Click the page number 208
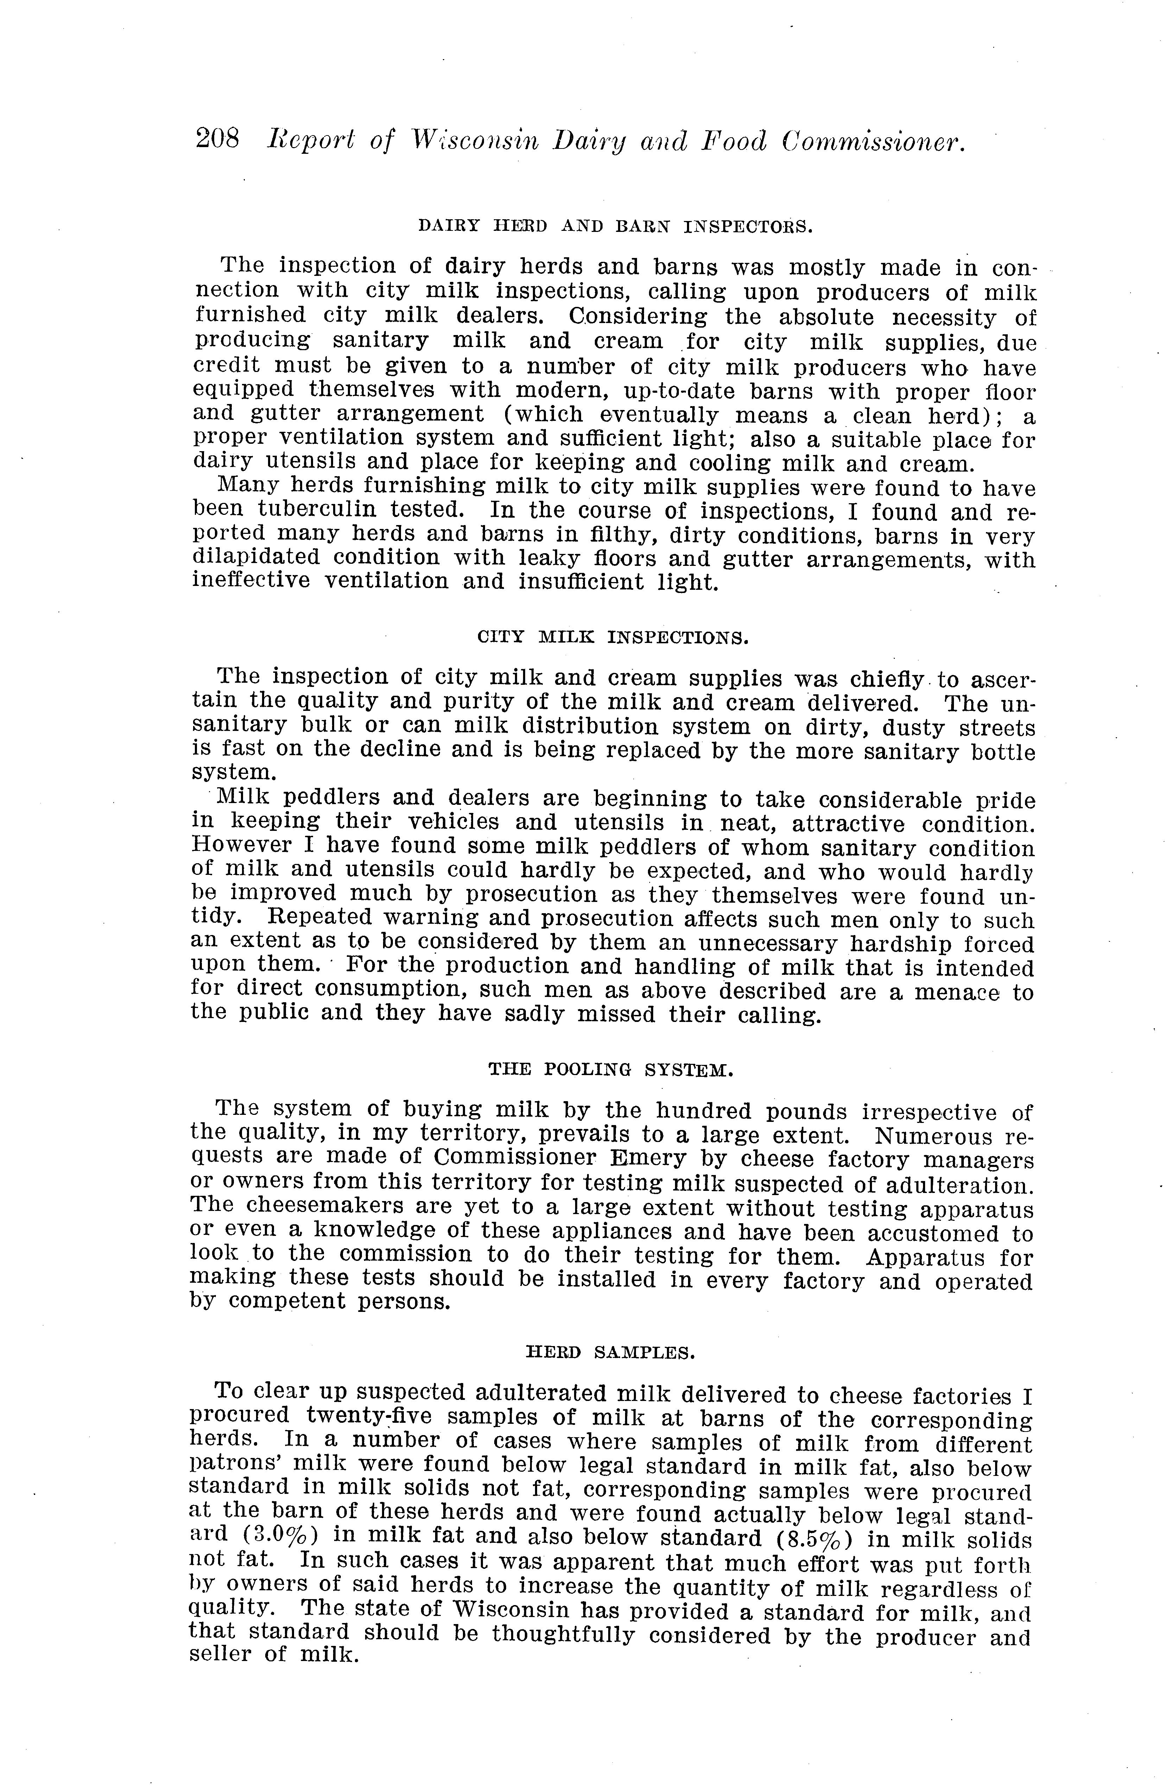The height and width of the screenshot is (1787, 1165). (x=217, y=140)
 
